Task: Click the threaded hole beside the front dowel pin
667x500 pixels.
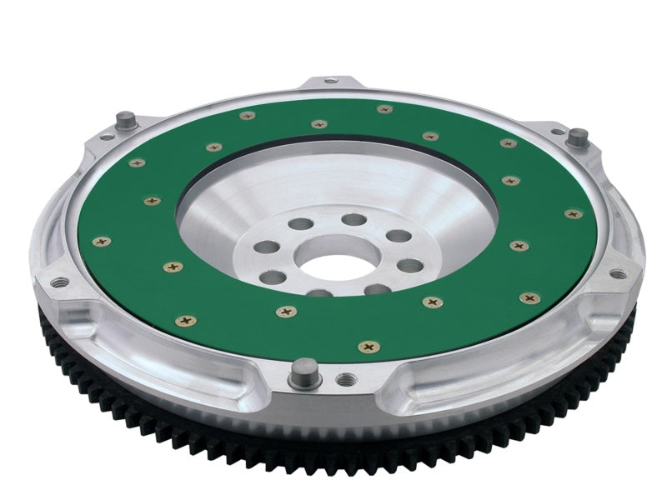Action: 340,379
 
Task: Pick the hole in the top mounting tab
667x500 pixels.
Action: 331,81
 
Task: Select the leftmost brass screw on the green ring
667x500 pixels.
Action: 102,241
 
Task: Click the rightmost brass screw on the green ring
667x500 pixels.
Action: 572,214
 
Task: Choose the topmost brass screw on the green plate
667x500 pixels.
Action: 383,109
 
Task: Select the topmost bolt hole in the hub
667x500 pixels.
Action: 354,219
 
